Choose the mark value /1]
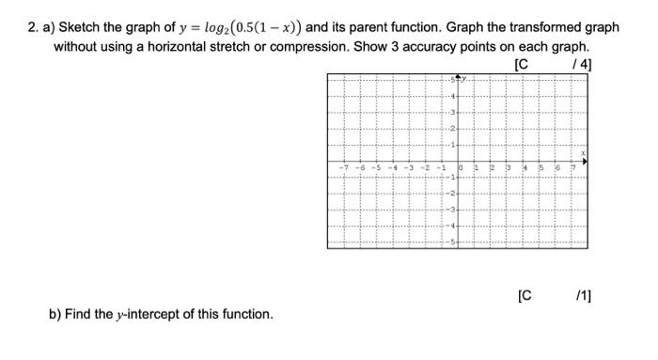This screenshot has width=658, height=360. point(582,296)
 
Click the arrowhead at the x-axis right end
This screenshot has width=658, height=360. point(586,162)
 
